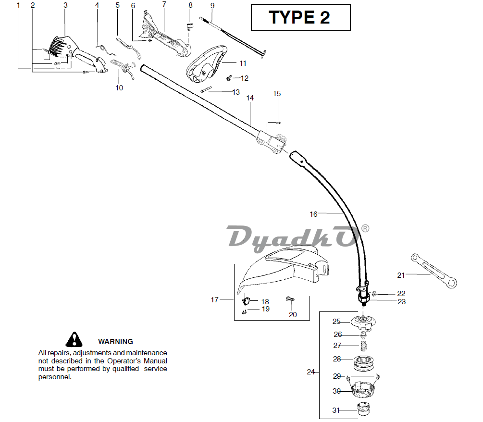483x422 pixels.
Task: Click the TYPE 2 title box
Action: click(x=301, y=17)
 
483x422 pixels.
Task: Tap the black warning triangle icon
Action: click(x=74, y=339)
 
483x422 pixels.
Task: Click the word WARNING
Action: click(x=115, y=342)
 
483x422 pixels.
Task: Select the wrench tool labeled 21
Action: click(x=434, y=271)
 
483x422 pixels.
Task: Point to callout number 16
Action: click(x=313, y=214)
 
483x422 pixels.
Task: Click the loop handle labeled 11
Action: click(x=206, y=64)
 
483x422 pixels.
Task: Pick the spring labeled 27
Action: click(x=364, y=346)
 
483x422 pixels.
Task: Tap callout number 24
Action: click(x=310, y=372)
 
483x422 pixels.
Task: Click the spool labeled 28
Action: click(x=363, y=363)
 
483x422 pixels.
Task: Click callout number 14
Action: click(x=250, y=98)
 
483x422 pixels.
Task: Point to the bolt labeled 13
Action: click(x=206, y=90)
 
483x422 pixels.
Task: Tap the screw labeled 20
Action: click(x=290, y=300)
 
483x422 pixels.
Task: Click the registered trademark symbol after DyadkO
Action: click(x=365, y=229)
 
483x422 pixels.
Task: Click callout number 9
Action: click(x=212, y=6)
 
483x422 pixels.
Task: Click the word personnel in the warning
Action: click(x=55, y=377)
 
